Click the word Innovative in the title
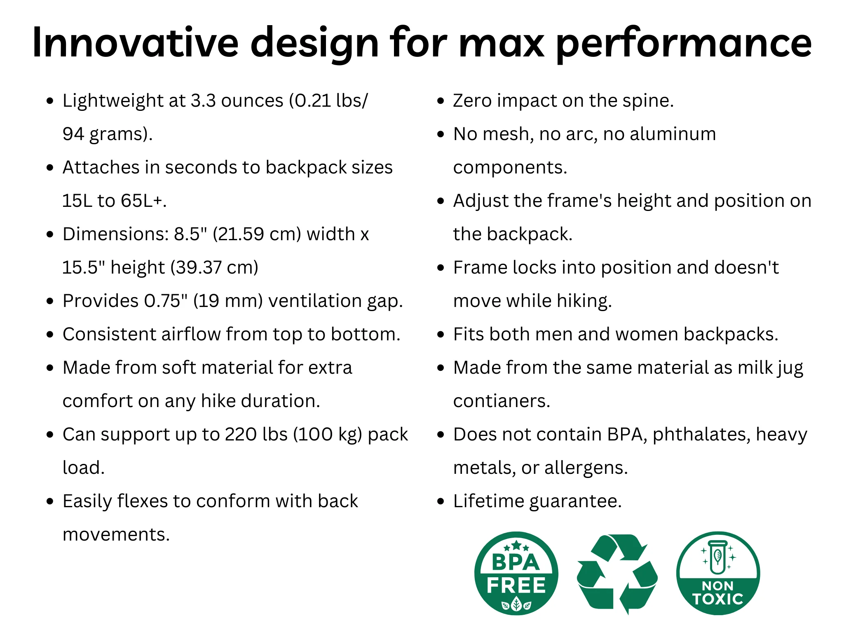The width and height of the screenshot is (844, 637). (x=136, y=42)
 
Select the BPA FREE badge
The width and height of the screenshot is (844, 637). (x=516, y=573)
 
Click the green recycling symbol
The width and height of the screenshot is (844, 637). (x=617, y=573)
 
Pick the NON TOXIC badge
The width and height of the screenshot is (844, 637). (x=718, y=573)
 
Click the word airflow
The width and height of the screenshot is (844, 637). (x=191, y=334)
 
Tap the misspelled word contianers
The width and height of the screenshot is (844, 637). (x=502, y=401)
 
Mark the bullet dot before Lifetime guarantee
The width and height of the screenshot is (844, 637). (x=441, y=501)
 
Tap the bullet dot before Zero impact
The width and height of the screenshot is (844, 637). (x=441, y=101)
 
